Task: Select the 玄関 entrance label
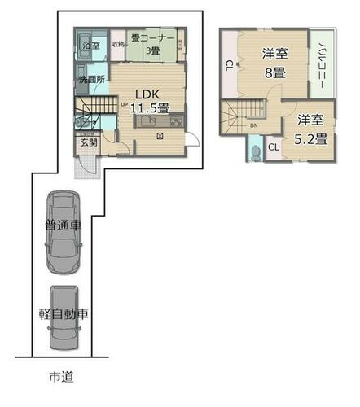click(x=88, y=143)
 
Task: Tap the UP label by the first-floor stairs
click(x=125, y=104)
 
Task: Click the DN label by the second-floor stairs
click(x=254, y=126)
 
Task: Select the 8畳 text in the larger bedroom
click(x=274, y=72)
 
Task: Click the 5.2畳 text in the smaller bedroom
click(x=311, y=138)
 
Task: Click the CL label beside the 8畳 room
click(x=230, y=64)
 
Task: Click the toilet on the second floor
click(x=257, y=151)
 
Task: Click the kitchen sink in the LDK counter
click(x=148, y=122)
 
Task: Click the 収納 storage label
click(x=118, y=44)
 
